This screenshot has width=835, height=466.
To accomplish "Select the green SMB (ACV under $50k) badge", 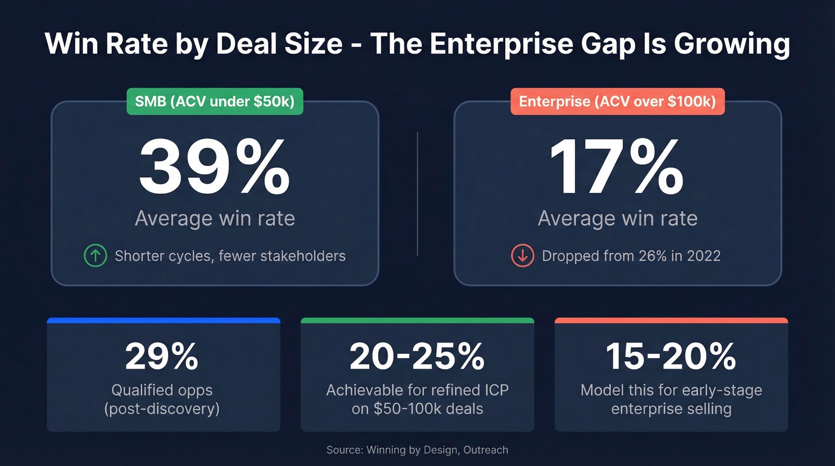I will pos(214,102).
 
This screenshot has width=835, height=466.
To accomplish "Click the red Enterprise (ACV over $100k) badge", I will pos(617,102).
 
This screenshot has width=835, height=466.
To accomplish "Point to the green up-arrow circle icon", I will pos(95,256).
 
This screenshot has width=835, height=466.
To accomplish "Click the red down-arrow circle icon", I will pos(522,256).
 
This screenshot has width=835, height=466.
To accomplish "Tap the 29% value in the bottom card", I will pos(162,356).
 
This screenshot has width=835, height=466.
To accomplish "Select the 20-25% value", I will pos(417,356).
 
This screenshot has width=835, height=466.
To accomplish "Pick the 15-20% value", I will pos(671,356).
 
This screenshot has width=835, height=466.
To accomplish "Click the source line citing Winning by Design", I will pos(417,449).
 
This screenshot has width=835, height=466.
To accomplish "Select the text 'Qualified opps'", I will pos(162,391).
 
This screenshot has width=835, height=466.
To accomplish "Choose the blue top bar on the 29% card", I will pos(163,321).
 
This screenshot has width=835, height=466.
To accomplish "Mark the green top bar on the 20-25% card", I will pos(417,321).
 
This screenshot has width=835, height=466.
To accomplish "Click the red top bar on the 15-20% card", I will pos(671,321).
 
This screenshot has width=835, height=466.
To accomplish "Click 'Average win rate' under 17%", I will pos(617,218).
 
